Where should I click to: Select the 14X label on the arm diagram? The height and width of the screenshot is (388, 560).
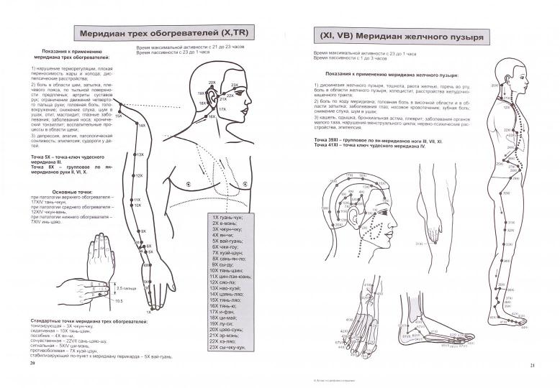(x=143, y=125)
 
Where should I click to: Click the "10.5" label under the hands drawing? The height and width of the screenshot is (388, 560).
(x=119, y=300)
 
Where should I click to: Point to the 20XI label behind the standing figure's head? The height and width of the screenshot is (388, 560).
(x=494, y=86)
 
